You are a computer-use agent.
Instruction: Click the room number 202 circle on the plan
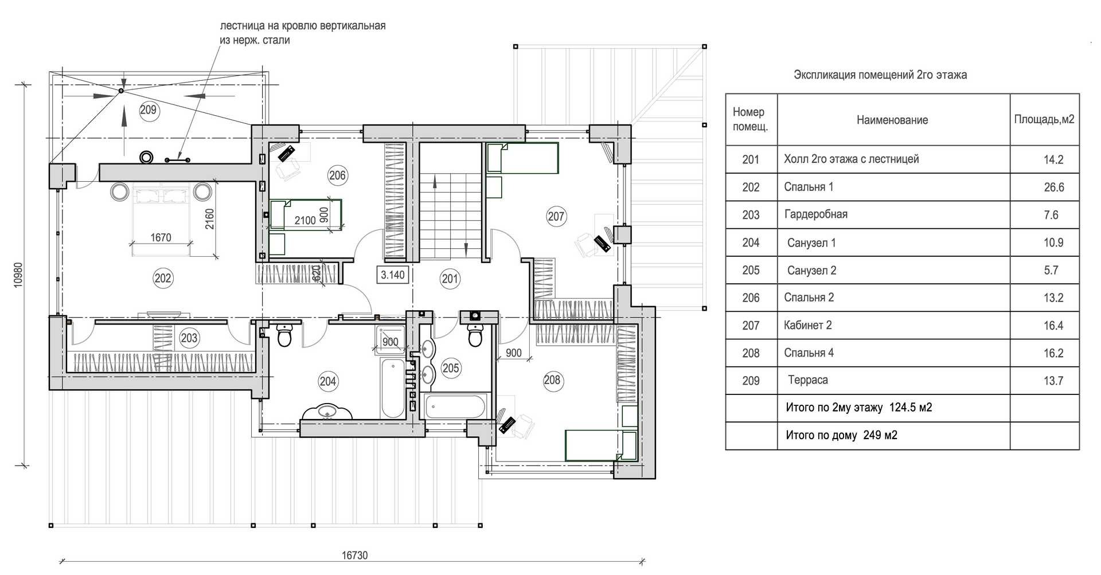(163, 278)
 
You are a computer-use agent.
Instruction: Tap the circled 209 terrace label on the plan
(148, 109)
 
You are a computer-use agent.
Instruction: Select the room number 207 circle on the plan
(556, 216)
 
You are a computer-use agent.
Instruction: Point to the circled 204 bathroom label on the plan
(328, 381)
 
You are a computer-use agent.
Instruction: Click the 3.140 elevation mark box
(393, 275)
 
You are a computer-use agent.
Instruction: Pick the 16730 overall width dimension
(354, 555)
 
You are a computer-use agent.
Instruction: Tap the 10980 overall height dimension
(18, 275)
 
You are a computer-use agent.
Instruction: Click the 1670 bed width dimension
(161, 237)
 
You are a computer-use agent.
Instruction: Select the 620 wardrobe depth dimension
(317, 273)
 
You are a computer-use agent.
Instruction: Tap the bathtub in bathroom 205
(455, 406)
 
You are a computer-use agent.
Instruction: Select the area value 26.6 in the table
(1054, 187)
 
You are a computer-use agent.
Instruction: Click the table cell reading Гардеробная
(815, 214)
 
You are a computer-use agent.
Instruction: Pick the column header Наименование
(892, 120)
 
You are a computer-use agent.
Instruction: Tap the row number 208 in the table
(751, 353)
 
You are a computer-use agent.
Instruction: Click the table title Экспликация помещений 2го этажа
(880, 75)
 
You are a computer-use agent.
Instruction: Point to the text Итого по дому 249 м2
(841, 435)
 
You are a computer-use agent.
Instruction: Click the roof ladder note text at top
(303, 33)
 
